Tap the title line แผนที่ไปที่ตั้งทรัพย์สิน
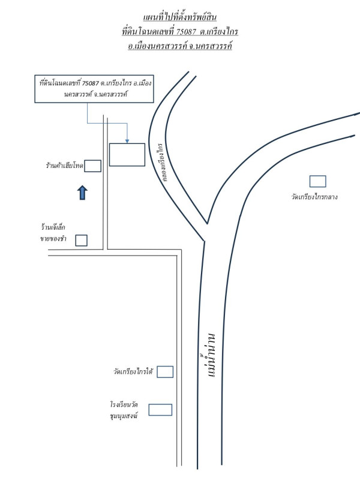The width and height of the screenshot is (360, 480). tap(180, 17)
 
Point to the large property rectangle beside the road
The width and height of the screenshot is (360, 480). tap(127, 155)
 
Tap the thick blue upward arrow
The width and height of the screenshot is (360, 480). tap(82, 193)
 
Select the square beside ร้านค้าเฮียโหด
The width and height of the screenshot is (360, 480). tap(92, 166)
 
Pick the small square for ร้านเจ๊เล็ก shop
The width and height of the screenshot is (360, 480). tap(81, 241)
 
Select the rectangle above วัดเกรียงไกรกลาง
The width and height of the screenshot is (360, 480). tap(317, 181)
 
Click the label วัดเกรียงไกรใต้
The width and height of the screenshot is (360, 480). tap(133, 372)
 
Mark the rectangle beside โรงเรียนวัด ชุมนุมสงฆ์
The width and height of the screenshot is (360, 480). tap(160, 410)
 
